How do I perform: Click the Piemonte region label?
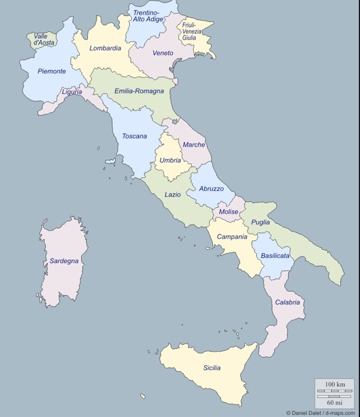tap(52, 71)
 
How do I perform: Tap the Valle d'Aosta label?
tap(45, 39)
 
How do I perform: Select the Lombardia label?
tap(105, 48)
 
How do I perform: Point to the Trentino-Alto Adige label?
tap(148, 16)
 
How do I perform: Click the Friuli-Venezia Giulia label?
tap(190, 31)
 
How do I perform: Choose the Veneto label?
tap(162, 53)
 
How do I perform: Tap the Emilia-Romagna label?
tap(139, 91)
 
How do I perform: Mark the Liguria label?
tap(72, 92)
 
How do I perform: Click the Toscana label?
tap(134, 137)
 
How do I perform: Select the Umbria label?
tap(171, 161)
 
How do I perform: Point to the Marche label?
tap(194, 145)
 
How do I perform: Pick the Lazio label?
tap(172, 195)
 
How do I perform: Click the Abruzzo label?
tap(212, 189)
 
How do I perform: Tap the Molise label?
tap(228, 212)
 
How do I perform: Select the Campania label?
tap(232, 236)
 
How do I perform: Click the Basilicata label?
tap(275, 255)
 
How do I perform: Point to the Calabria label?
tap(287, 302)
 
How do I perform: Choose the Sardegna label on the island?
tap(64, 261)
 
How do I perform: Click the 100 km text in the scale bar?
tap(335, 385)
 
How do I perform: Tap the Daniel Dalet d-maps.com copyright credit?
tap(320, 412)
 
